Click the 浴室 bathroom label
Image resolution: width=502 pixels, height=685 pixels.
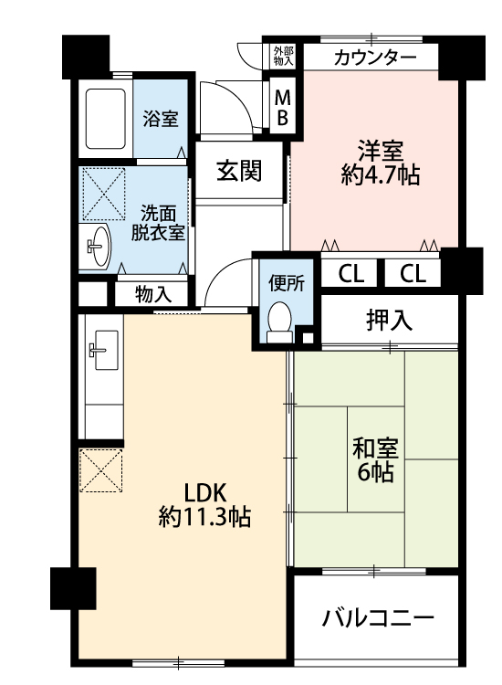tap(161, 119)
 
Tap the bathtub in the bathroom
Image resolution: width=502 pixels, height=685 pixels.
tap(105, 119)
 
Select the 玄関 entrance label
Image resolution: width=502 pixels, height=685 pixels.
tap(239, 171)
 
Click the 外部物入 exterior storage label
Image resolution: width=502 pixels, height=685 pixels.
tap(283, 56)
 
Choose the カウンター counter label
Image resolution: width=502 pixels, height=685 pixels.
tap(375, 58)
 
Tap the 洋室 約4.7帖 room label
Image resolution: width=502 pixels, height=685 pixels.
tap(381, 163)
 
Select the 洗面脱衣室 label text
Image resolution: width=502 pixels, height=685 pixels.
tap(158, 223)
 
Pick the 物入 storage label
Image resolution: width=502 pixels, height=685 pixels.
tap(153, 294)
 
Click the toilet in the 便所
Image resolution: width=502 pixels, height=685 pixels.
tap(279, 322)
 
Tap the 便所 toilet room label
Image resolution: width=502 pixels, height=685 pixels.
tap(287, 283)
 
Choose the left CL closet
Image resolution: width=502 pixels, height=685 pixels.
tap(350, 274)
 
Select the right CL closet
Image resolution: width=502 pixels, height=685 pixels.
tap(413, 274)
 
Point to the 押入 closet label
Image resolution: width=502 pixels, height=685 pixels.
tap(389, 320)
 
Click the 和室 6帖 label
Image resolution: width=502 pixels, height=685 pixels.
tap(375, 460)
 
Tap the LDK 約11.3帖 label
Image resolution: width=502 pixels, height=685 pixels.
tap(204, 505)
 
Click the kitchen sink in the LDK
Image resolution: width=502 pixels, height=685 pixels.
tap(103, 350)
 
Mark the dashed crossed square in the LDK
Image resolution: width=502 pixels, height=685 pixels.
tap(100, 470)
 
